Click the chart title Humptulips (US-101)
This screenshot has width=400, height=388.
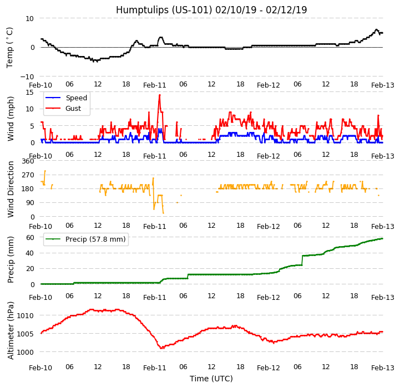click(211, 10)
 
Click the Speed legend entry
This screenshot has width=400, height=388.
click(76, 98)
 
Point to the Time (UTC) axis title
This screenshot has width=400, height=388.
click(211, 379)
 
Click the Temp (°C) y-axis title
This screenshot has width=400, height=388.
click(10, 47)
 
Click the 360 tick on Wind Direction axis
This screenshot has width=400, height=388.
click(28, 161)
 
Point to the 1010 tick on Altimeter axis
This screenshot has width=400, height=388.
click(26, 316)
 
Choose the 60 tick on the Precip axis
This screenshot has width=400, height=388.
click(30, 237)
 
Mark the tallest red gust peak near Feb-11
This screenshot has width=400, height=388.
click(159, 95)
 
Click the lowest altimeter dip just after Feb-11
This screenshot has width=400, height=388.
click(161, 348)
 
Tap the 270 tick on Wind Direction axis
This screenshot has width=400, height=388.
click(28, 175)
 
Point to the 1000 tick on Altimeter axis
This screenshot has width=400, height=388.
click(26, 352)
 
